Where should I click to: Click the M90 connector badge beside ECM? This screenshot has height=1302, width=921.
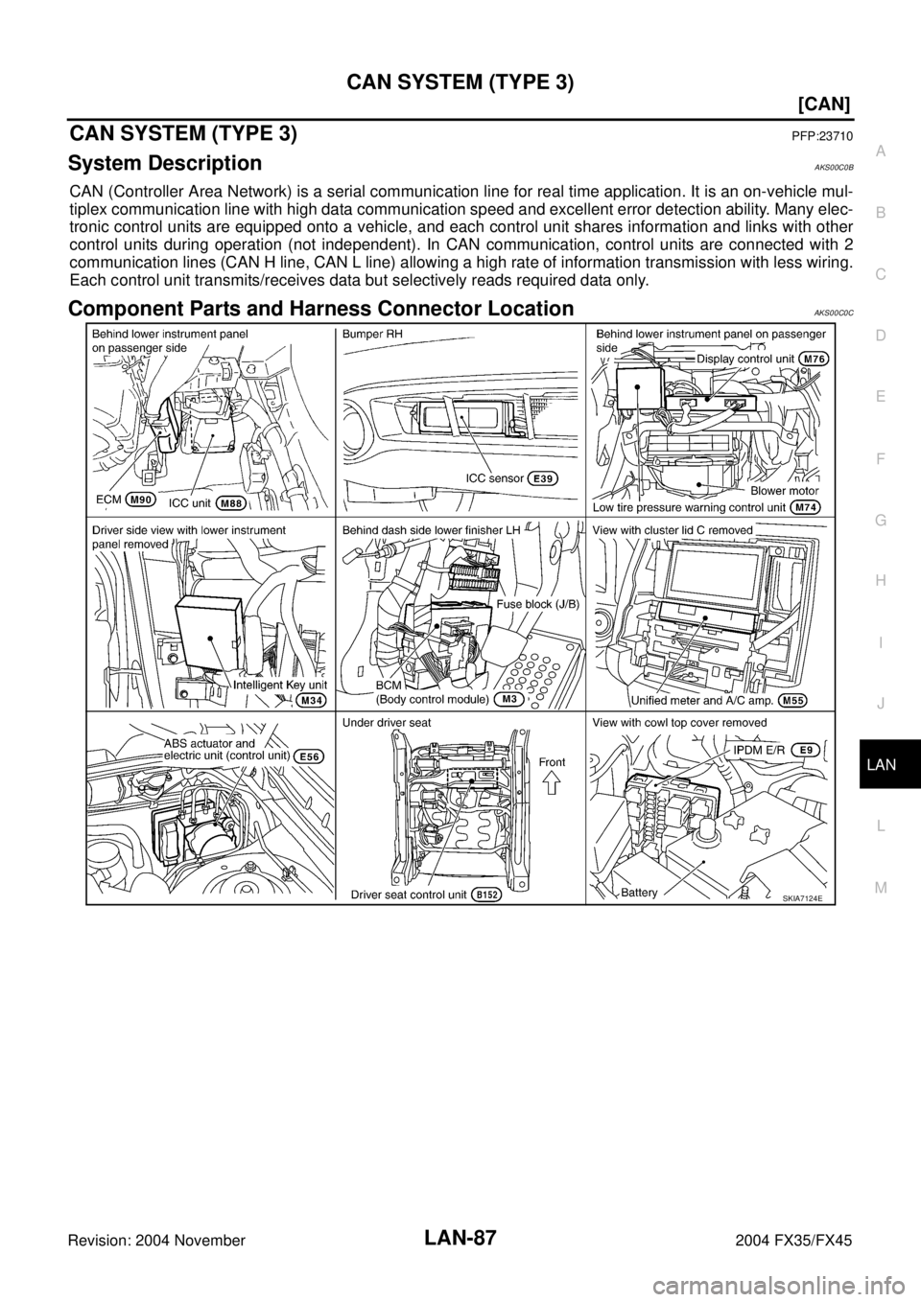coord(141,499)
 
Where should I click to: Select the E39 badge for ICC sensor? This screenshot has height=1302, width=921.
coord(544,478)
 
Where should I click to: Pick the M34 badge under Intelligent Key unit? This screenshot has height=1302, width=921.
coord(310,701)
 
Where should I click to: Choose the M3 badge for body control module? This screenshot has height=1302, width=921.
coord(508,700)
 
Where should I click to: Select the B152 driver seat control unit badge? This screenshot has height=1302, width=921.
coord(487,895)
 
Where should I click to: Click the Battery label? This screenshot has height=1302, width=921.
coord(639,893)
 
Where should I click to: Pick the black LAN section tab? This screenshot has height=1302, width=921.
coord(889,764)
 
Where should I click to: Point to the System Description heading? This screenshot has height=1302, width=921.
coord(165,163)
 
